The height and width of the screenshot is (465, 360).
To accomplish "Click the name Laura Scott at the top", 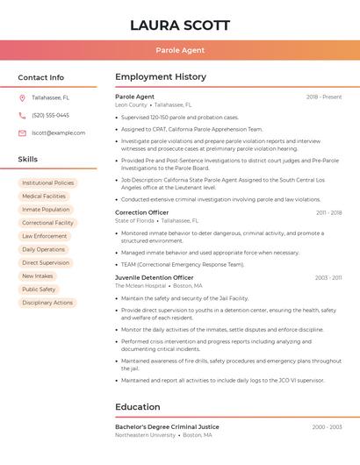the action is [180, 25].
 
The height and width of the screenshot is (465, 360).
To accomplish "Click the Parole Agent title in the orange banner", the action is [180, 50].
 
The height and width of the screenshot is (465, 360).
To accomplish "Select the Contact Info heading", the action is [40, 77].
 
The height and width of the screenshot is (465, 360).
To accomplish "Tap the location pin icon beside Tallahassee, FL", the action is [22, 97].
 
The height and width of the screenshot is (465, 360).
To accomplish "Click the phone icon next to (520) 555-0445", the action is [22, 115].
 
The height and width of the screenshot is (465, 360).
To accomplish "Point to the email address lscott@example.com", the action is [58, 132].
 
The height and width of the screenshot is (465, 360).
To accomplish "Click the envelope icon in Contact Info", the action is [22, 132].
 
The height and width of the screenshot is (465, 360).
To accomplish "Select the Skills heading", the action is [27, 160].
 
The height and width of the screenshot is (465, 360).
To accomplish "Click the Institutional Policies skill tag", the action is [48, 182].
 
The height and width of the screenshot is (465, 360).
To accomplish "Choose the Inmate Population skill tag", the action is [46, 210].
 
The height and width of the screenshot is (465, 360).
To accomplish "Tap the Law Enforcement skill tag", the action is [44, 236].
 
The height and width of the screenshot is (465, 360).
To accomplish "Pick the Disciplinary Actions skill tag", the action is [47, 303].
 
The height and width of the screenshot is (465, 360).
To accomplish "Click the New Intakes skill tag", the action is [38, 275].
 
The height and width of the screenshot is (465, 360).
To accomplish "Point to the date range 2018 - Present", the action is [324, 97].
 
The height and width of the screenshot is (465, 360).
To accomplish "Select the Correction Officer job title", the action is [142, 212].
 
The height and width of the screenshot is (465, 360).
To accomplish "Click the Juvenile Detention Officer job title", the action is [155, 277].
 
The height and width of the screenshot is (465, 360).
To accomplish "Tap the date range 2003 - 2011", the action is [328, 277].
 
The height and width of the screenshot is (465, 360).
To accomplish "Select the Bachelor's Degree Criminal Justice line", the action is [167, 426].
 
